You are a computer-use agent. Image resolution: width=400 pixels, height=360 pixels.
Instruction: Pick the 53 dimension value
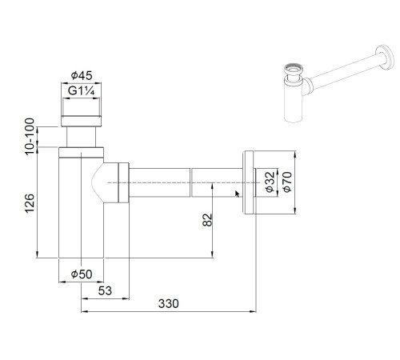click(104, 289)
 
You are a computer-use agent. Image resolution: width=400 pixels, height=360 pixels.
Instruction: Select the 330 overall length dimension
click(168, 303)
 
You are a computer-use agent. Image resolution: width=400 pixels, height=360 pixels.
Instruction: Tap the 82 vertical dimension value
click(207, 219)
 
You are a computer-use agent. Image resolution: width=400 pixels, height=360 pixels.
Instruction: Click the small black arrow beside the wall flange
click(238, 192)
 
